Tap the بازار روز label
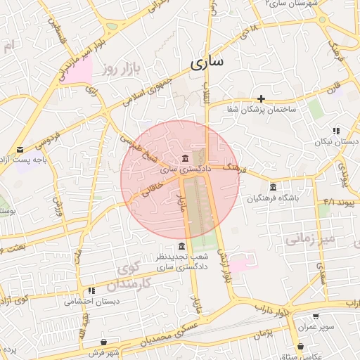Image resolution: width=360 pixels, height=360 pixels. (x=120, y=69)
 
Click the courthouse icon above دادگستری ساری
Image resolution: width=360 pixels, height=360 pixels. (x=185, y=157)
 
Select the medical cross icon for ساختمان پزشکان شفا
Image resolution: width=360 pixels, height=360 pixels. (x=262, y=98)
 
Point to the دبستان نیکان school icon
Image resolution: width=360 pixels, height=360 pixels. (x=337, y=131)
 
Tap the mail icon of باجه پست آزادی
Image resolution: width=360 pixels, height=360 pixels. (x=20, y=149)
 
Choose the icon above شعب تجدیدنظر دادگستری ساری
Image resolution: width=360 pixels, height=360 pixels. (x=182, y=246)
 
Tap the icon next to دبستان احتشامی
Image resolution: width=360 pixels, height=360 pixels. (x=91, y=290)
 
